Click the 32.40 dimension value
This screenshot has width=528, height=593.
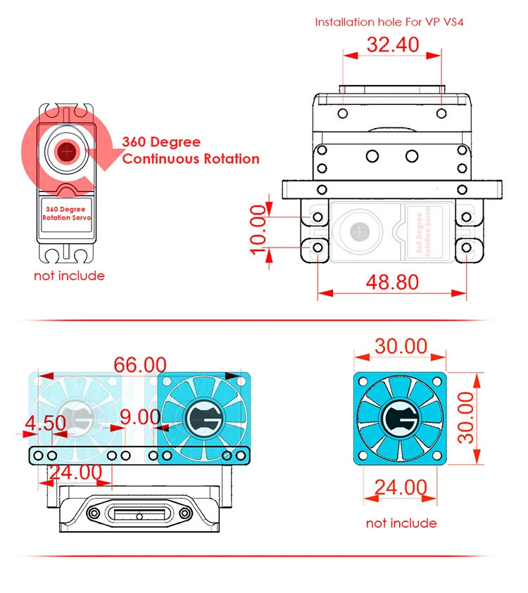[393, 44]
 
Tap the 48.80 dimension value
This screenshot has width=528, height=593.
[392, 282]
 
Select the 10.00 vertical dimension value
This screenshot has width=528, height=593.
[258, 229]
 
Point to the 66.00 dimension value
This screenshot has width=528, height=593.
[140, 365]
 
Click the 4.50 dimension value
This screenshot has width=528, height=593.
[46, 423]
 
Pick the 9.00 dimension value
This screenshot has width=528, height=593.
[140, 417]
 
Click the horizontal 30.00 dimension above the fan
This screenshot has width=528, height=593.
[401, 346]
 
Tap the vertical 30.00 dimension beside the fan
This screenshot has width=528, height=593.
[465, 417]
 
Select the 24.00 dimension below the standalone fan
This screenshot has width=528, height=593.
[401, 487]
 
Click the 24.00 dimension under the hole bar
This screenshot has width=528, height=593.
[75, 472]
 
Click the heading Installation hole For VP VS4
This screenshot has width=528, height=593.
[389, 23]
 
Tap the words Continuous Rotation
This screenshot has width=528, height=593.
[191, 159]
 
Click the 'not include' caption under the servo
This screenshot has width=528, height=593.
[69, 276]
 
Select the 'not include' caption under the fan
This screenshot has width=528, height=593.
[401, 523]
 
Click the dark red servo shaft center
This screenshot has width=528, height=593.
[67, 152]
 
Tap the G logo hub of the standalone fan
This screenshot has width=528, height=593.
[400, 419]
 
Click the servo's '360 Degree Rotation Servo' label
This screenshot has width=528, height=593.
[66, 213]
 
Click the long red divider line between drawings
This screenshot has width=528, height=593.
[254, 320]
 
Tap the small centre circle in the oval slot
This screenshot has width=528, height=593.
[139, 516]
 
